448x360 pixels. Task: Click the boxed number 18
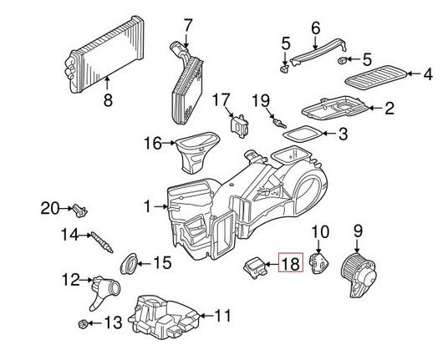291,265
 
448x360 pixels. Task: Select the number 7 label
188,25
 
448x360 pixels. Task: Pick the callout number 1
149,205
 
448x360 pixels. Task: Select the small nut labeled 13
84,322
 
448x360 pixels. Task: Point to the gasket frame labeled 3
298,132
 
